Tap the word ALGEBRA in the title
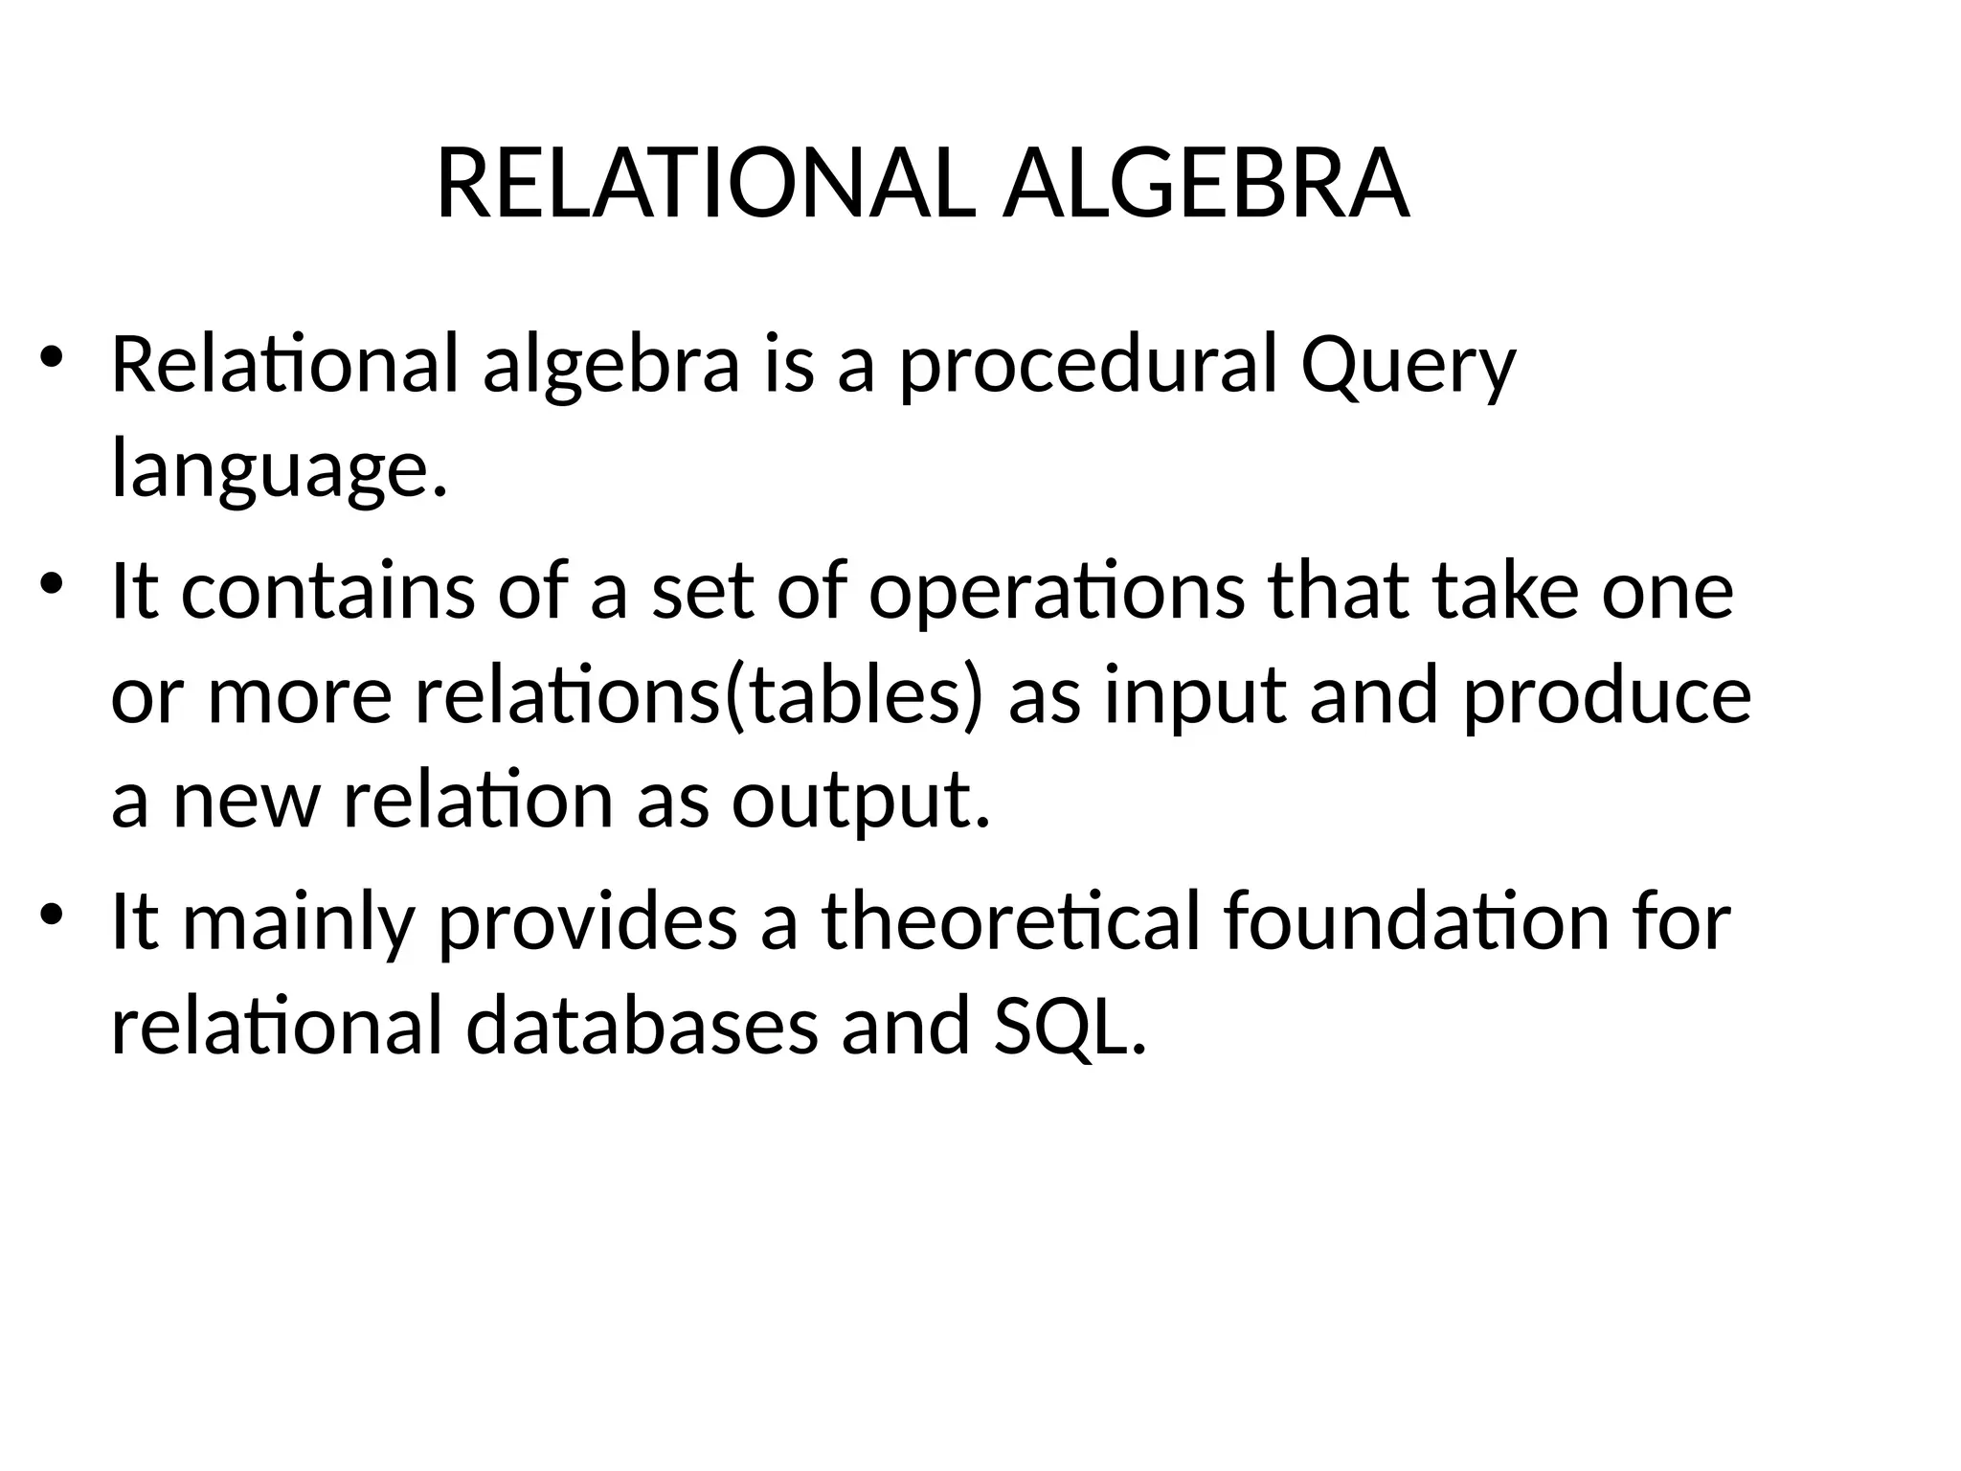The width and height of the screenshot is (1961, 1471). pyautogui.click(x=1206, y=185)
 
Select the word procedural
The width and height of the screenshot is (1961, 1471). pyautogui.click(x=1088, y=368)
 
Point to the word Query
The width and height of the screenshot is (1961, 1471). pyautogui.click(x=1408, y=368)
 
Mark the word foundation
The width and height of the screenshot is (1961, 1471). pyautogui.click(x=1416, y=922)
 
